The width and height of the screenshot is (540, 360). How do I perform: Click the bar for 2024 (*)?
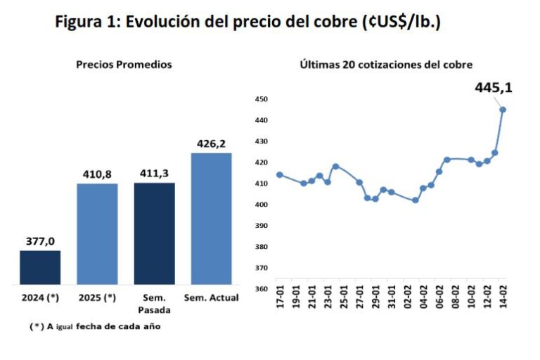click(40, 267)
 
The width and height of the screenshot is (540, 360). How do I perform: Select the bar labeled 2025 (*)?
click(97, 233)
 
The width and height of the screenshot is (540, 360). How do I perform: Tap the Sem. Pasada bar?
click(154, 233)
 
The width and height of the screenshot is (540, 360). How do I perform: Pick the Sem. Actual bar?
click(211, 218)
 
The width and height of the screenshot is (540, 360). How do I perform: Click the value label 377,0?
click(40, 240)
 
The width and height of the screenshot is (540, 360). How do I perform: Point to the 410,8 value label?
click(97, 174)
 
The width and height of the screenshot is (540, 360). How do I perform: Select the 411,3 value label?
click(154, 173)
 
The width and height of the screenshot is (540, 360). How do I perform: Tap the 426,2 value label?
click(211, 143)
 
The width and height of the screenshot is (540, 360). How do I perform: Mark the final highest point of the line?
click(503, 109)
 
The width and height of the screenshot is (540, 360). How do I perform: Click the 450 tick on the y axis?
click(261, 99)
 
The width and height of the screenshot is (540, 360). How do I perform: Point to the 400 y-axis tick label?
click(261, 205)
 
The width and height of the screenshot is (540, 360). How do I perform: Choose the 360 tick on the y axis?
click(261, 289)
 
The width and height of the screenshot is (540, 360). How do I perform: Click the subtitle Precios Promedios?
click(124, 64)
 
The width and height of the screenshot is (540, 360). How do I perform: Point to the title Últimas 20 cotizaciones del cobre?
click(386, 64)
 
